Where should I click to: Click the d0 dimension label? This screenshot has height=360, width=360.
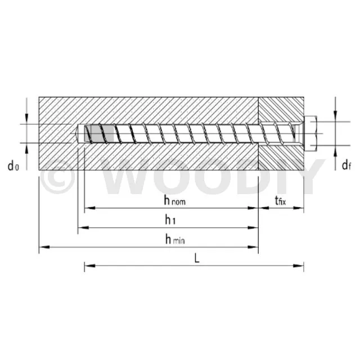pyautogui.click(x=13, y=166)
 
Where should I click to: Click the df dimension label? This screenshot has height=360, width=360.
pyautogui.click(x=346, y=165)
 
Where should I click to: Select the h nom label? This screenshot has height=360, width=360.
pyautogui.click(x=175, y=200)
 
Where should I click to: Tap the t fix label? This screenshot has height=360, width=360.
pyautogui.click(x=280, y=200)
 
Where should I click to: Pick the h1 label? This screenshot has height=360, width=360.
pyautogui.click(x=170, y=220)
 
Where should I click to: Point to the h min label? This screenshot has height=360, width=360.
pyautogui.click(x=175, y=239)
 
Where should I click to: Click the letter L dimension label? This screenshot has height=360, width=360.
pyautogui.click(x=197, y=259)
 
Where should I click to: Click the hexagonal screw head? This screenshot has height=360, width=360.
pyautogui.click(x=310, y=133)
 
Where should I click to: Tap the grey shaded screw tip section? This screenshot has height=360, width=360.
pyautogui.click(x=99, y=133)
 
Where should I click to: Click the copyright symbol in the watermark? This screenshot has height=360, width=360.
pyautogui.click(x=58, y=176)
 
